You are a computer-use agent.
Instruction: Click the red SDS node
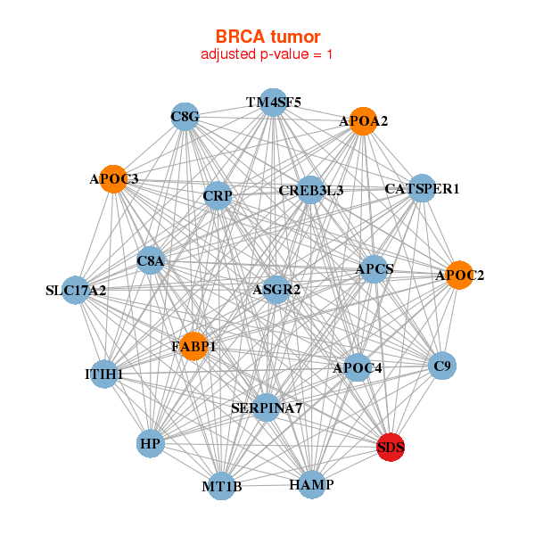pyautogui.click(x=391, y=448)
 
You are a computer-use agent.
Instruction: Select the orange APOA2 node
pyautogui.click(x=363, y=121)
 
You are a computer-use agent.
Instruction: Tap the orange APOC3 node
pyautogui.click(x=113, y=179)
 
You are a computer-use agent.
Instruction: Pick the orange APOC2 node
pyautogui.click(x=458, y=275)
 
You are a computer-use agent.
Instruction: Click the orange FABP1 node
pyautogui.click(x=193, y=346)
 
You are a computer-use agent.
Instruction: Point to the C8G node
pyautogui.click(x=185, y=117)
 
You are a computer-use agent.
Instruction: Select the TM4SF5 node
pyautogui.click(x=274, y=103)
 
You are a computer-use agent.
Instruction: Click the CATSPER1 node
pyautogui.click(x=422, y=189)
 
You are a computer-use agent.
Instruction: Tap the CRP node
pyautogui.click(x=218, y=195)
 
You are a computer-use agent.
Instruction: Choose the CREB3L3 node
pyautogui.click(x=310, y=190)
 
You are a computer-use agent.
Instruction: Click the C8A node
pyautogui.click(x=151, y=261)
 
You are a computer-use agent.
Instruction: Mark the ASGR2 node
pyautogui.click(x=276, y=290)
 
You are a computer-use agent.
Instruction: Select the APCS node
pyautogui.click(x=374, y=269)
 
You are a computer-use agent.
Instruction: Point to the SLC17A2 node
pyautogui.click(x=76, y=290)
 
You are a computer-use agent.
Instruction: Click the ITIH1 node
pyautogui.click(x=104, y=374)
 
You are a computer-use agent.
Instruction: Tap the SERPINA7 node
pyautogui.click(x=267, y=408)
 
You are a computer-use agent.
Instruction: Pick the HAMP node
pyautogui.click(x=311, y=485)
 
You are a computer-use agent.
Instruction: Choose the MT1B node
pyautogui.click(x=222, y=486)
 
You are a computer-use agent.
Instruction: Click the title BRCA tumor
pyautogui.click(x=267, y=37)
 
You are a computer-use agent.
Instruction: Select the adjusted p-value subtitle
pyautogui.click(x=267, y=54)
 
